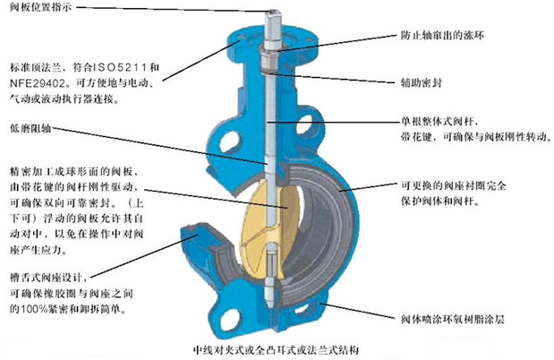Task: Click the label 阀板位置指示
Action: [40, 7]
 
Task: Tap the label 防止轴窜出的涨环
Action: [442, 35]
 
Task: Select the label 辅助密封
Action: [421, 82]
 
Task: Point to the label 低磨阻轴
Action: [30, 128]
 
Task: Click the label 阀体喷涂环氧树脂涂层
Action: [452, 320]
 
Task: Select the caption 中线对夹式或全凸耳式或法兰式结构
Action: [276, 350]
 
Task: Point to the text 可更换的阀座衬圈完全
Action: [453, 185]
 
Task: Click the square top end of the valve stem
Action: [273, 15]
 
